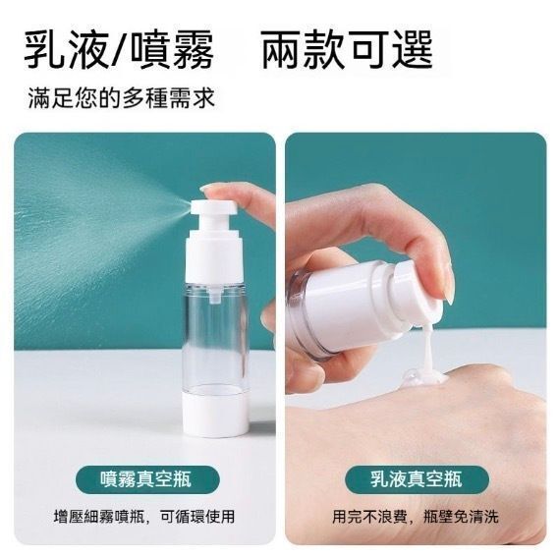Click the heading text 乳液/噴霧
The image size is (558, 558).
click(119, 49)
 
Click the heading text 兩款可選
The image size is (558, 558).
click(347, 49)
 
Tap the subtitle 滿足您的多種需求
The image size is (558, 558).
click(122, 98)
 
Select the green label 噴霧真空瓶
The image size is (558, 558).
click(147, 479)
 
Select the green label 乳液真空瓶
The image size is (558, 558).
click(417, 479)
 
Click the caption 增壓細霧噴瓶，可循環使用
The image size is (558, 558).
click(144, 517)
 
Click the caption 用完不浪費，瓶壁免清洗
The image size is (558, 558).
click(416, 517)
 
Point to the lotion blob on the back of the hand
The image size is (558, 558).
click(422, 378)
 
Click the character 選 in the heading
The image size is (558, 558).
click(414, 49)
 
